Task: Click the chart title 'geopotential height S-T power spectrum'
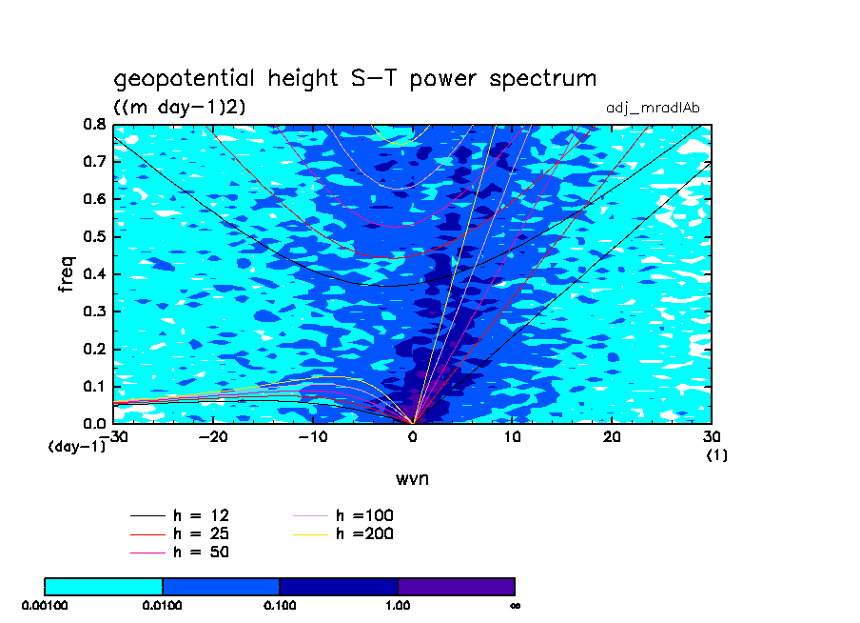[x=355, y=79]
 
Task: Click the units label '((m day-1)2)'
[x=180, y=108]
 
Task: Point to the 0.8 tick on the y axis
[x=93, y=125]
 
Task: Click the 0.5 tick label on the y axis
[x=93, y=237]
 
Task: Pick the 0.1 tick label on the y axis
[x=93, y=386]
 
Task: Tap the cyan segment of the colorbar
[x=104, y=586]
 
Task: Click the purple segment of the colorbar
[x=456, y=586]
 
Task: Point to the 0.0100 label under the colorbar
[x=163, y=605]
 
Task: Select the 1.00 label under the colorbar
[x=398, y=605]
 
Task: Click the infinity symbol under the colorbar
[x=515, y=605]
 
